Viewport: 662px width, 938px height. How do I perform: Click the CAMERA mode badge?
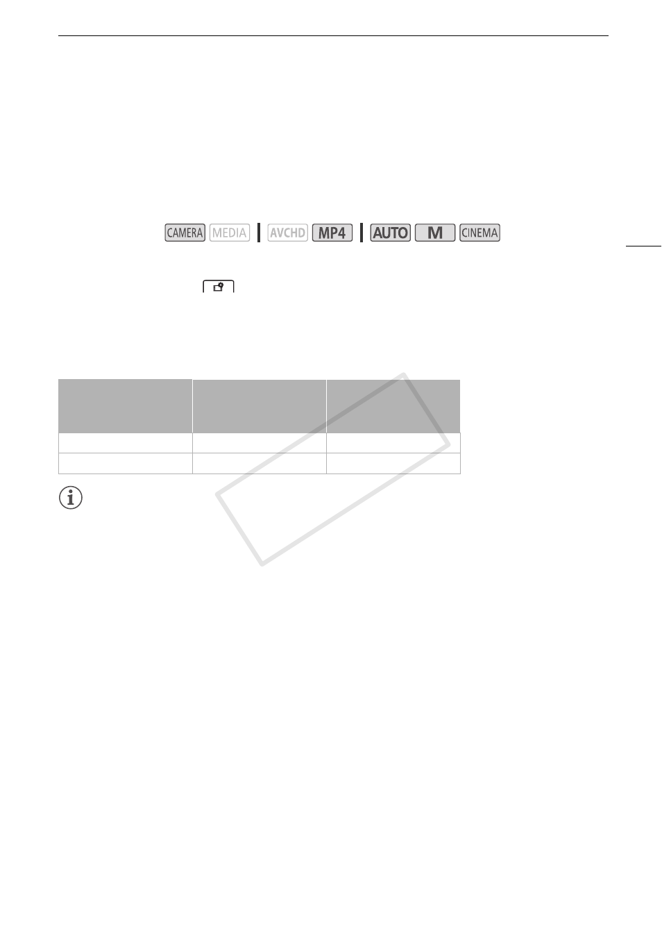click(x=185, y=233)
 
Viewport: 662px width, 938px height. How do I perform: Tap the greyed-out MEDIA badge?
click(x=229, y=233)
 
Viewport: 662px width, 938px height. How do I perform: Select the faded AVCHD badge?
click(x=287, y=233)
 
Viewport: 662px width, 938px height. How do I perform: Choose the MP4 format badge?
click(x=332, y=233)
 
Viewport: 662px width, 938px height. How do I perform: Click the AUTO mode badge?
click(x=391, y=233)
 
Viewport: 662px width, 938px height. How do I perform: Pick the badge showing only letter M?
click(x=435, y=233)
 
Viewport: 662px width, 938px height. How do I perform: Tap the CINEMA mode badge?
click(x=479, y=233)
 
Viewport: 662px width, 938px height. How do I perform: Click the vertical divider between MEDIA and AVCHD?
click(x=259, y=233)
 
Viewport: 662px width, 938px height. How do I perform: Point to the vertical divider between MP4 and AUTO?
click(x=362, y=233)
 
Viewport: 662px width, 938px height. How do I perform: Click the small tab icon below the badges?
click(x=219, y=287)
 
